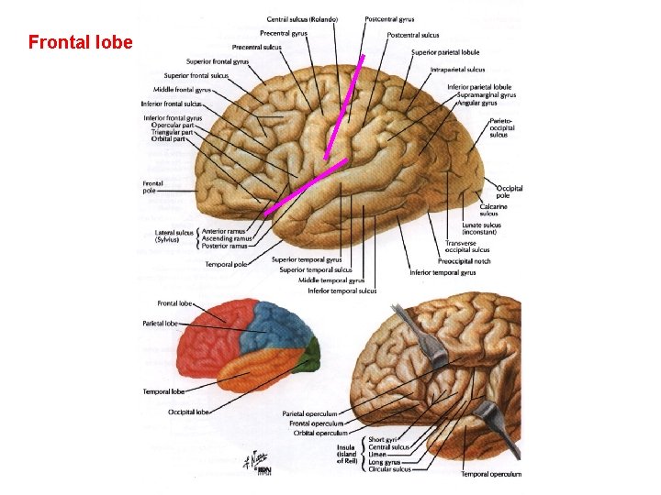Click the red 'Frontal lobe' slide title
81,43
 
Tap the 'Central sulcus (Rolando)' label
302,19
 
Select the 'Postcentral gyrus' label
389,19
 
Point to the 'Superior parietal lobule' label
444,52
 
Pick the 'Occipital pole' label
509,192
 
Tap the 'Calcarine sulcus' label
495,210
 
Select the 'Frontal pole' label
152,187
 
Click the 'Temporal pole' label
226,265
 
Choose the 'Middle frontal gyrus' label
183,90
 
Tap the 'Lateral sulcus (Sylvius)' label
174,236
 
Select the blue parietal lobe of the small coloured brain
275,325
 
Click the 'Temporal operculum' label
491,474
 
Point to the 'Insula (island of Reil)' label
346,454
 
